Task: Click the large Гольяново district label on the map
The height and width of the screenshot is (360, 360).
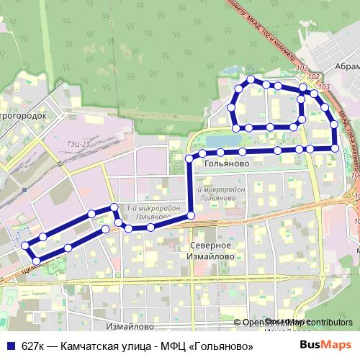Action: point(227,164)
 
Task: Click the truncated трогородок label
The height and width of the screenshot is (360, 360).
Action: point(23,115)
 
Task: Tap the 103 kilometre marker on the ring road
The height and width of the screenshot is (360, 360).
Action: point(322,86)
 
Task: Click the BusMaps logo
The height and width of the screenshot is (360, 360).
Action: point(325,346)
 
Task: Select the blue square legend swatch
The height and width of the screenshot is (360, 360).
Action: point(10,346)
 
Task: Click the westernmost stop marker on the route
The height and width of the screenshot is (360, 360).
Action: point(26,246)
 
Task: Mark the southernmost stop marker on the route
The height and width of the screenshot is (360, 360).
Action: point(35,259)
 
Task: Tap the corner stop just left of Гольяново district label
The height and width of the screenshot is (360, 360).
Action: point(189,158)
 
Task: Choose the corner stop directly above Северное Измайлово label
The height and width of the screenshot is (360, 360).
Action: point(191,216)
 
